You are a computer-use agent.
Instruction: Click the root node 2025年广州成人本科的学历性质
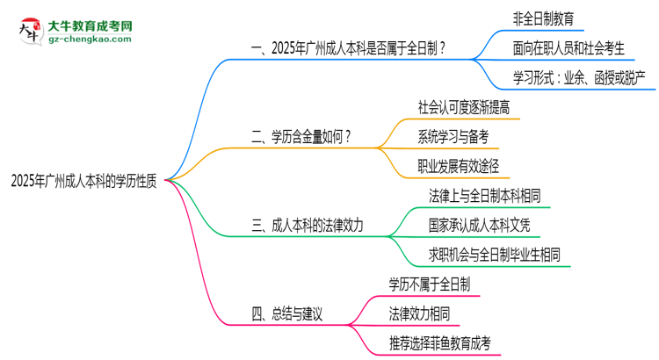click(x=83, y=181)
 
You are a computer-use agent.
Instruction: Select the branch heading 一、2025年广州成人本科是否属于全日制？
click(x=348, y=50)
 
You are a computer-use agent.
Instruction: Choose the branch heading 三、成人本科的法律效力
click(x=308, y=226)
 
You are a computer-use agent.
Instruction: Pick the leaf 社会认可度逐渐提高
click(x=464, y=107)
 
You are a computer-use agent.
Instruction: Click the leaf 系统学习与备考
click(x=453, y=136)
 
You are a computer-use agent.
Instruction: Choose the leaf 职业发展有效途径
click(x=459, y=166)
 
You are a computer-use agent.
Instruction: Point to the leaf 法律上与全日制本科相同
click(x=485, y=196)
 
